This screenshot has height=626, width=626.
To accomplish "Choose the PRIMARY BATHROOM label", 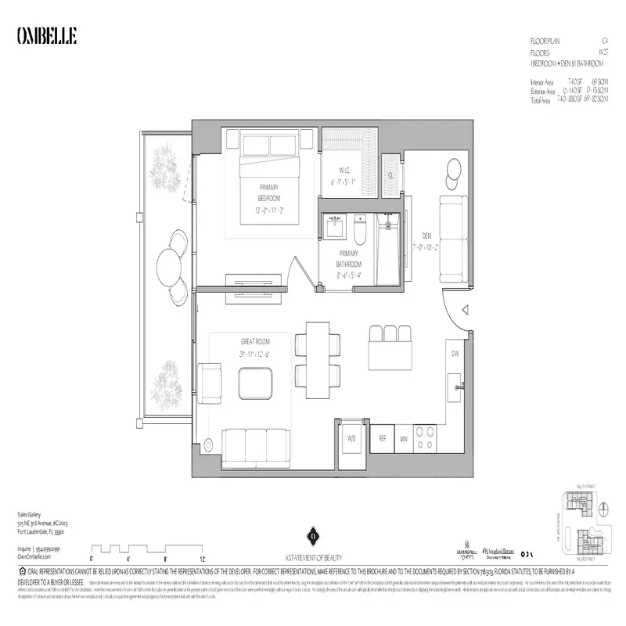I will point(348,258).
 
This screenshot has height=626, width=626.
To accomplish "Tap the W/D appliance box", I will point(351,439).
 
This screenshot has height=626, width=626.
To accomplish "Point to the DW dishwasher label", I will point(455,354).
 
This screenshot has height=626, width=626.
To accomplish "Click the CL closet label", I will point(390,175).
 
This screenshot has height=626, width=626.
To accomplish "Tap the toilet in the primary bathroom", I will point(361,231).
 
